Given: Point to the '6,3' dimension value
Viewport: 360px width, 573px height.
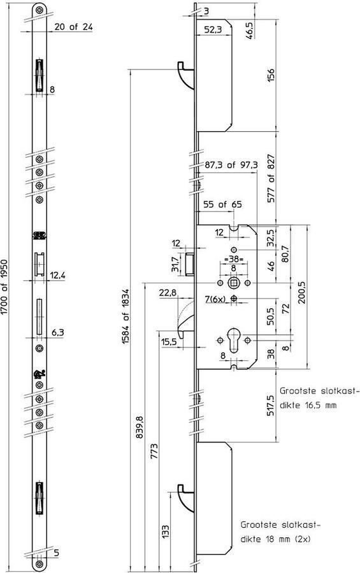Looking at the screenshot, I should click(56, 332).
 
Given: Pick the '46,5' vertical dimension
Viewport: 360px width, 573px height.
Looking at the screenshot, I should click(266, 31).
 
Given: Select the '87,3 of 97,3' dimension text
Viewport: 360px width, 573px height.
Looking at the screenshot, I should click(231, 165).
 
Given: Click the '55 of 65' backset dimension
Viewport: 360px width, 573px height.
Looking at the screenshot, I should click(222, 205).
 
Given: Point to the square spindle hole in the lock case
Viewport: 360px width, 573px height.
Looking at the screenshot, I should click(235, 283).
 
